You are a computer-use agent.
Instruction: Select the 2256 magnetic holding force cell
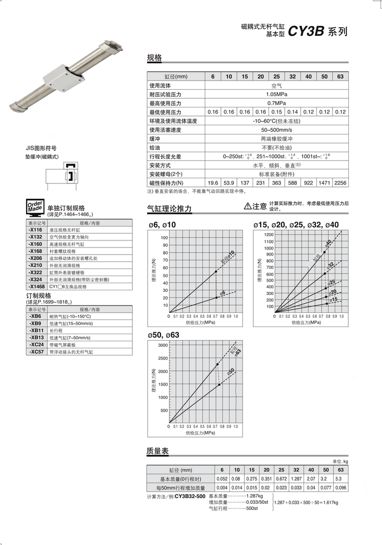[x=341, y=182]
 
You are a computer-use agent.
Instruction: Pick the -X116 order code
[x=36, y=230]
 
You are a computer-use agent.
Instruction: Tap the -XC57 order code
[x=36, y=351]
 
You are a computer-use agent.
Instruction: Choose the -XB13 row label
[x=36, y=337]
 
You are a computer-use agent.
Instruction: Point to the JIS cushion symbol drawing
[x=63, y=175]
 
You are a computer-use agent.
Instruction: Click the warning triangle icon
[x=249, y=206]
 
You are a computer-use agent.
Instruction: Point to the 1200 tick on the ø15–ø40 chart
[x=268, y=234]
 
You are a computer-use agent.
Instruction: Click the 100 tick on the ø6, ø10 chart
[x=164, y=238]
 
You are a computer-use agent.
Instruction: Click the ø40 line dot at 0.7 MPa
[x=324, y=252]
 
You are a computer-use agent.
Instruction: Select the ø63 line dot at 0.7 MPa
[x=217, y=364]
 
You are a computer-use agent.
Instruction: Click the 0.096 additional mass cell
[x=341, y=487]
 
